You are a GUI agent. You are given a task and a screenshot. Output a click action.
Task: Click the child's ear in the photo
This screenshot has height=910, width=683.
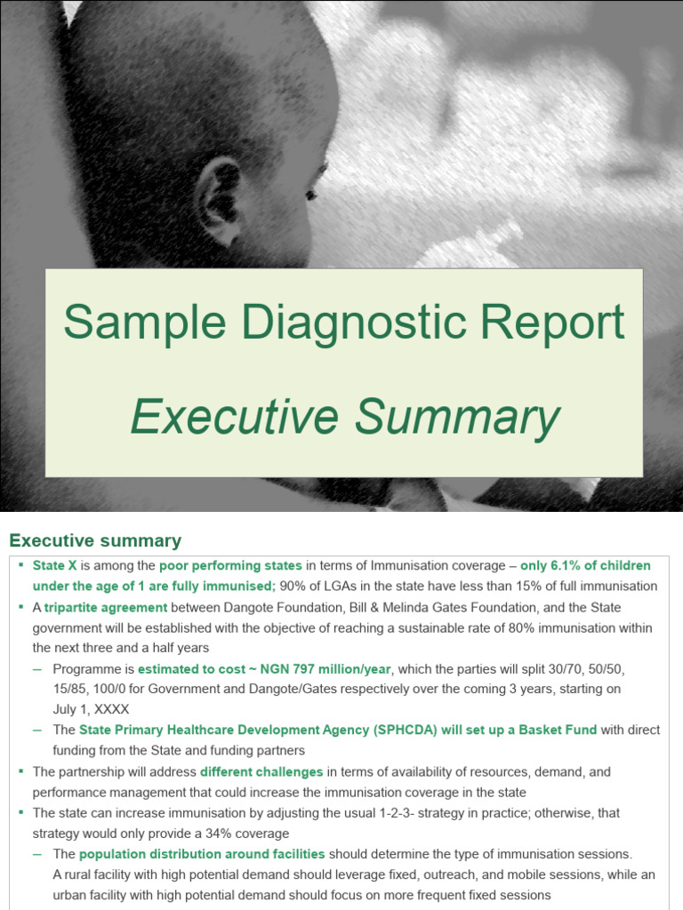(x=219, y=202)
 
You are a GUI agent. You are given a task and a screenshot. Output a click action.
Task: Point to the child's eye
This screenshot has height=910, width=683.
(x=311, y=195)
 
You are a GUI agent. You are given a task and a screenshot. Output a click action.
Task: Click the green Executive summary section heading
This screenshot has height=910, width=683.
(x=95, y=540)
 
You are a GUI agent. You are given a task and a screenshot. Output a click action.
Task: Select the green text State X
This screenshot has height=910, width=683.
(x=55, y=565)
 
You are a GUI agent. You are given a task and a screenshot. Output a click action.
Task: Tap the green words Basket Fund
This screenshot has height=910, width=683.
(x=558, y=730)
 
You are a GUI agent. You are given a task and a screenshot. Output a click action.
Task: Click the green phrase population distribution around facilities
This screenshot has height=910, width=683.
(x=202, y=854)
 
